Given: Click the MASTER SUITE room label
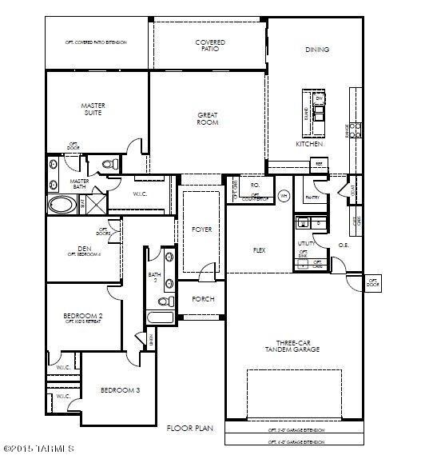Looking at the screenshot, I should pos(93,109).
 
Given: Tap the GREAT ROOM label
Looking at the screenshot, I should pos(208,120).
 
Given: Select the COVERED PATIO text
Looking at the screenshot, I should pos(210,46).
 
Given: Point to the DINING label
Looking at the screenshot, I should pos(316,50).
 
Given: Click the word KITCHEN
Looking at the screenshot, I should pos(309,145).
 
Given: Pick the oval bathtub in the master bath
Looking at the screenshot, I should pos(61,204).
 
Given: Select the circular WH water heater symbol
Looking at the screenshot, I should pos(283,195).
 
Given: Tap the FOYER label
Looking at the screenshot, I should pos(202,230).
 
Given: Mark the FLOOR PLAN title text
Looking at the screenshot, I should pos(189,429).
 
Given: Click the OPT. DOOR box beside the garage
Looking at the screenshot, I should pos(372,281).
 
